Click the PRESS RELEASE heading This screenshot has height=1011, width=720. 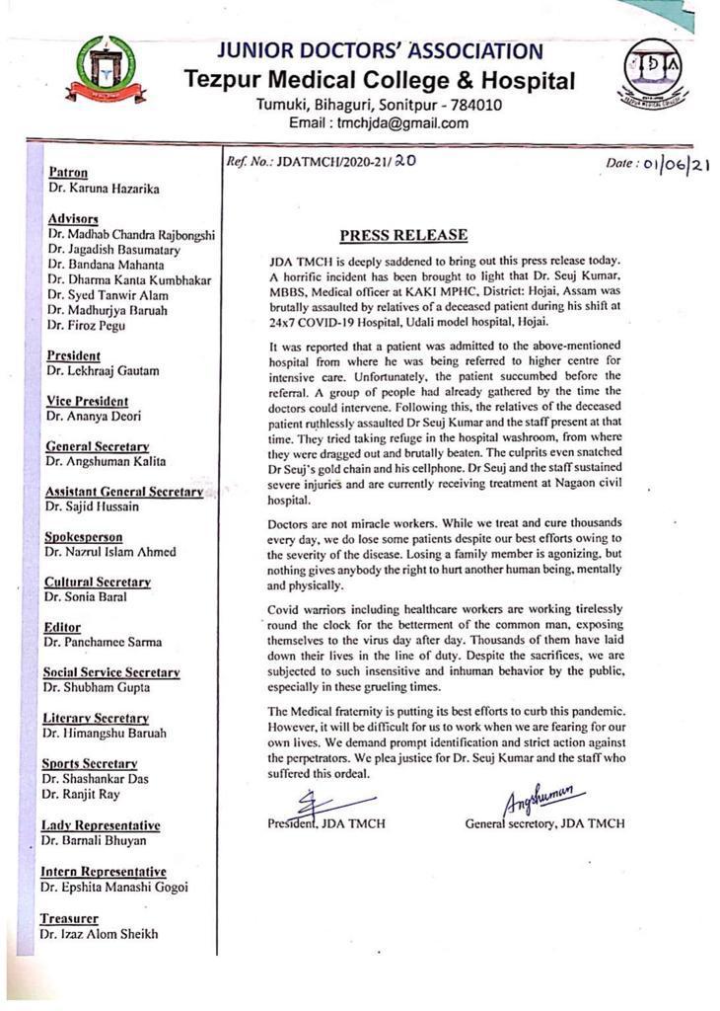(x=403, y=235)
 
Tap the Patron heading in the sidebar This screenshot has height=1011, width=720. (x=68, y=172)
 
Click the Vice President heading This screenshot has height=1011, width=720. (x=87, y=401)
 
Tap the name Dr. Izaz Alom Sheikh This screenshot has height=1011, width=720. (x=99, y=933)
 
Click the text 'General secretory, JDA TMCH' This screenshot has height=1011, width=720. (x=544, y=823)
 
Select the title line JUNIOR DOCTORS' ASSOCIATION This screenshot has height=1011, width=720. (x=379, y=51)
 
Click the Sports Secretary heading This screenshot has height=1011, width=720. (x=90, y=763)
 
